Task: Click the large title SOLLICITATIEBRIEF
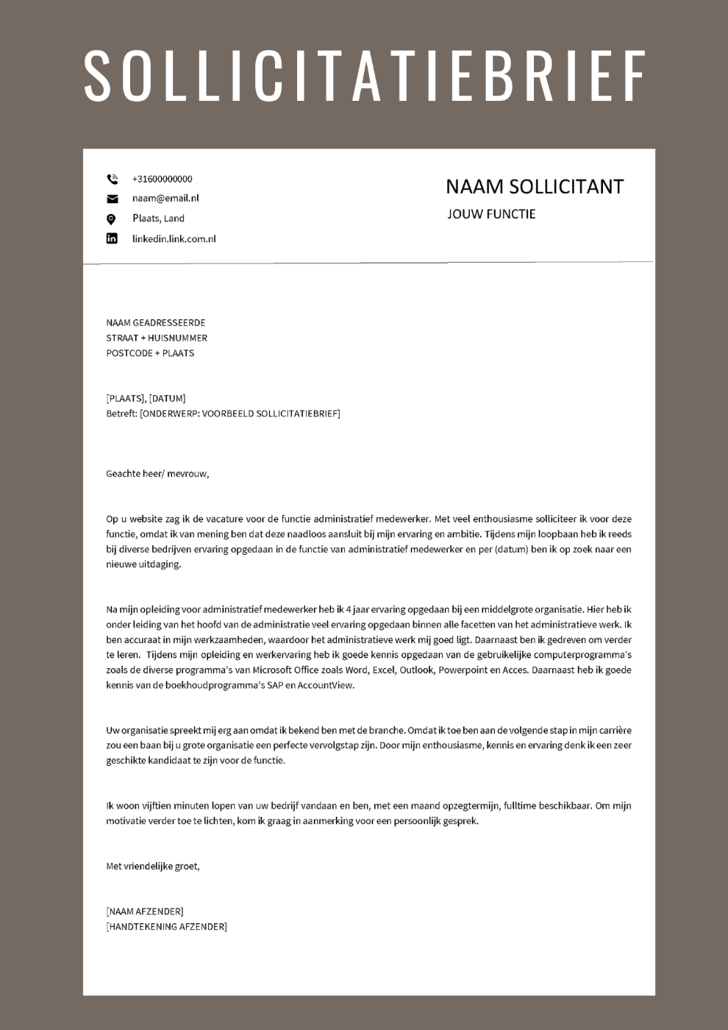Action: click(x=364, y=75)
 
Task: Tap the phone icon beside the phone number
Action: click(x=112, y=179)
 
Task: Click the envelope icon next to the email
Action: click(x=112, y=199)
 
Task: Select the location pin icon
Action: click(x=111, y=219)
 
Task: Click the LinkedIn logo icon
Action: click(x=112, y=238)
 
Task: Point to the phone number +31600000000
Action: click(x=162, y=179)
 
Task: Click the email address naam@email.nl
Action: click(x=165, y=198)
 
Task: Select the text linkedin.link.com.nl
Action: click(x=174, y=238)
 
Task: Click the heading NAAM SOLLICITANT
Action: click(x=535, y=187)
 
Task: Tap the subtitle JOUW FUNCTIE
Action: click(x=491, y=214)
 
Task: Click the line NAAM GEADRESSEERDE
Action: click(x=156, y=323)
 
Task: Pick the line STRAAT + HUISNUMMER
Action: click(x=157, y=338)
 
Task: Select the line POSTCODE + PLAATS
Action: click(x=150, y=353)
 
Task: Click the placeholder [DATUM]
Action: click(x=168, y=399)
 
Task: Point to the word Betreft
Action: click(x=121, y=413)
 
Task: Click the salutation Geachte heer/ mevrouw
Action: click(x=157, y=474)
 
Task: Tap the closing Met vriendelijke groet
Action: click(x=153, y=866)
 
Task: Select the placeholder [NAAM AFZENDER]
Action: click(x=145, y=912)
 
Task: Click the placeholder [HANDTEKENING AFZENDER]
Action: click(x=167, y=927)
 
